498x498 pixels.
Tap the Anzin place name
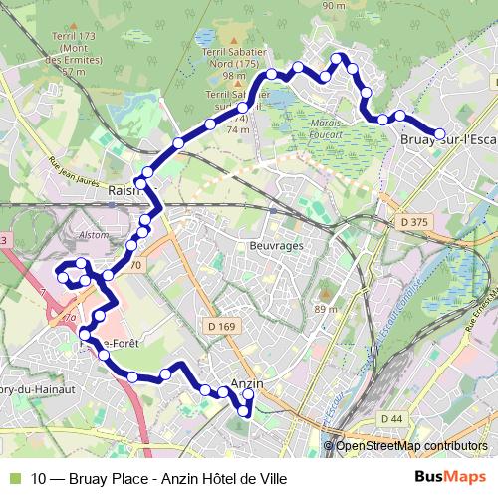pyautogui.click(x=245, y=383)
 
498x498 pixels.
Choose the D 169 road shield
pyautogui.click(x=225, y=325)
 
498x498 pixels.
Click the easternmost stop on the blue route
pyautogui.click(x=437, y=133)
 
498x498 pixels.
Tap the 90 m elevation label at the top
pyautogui.click(x=333, y=6)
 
